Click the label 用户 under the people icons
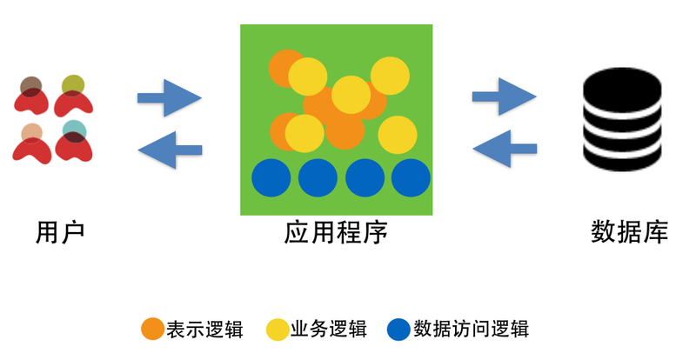60,233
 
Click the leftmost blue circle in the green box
271,178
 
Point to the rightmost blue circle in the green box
411,178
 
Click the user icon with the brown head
32,97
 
